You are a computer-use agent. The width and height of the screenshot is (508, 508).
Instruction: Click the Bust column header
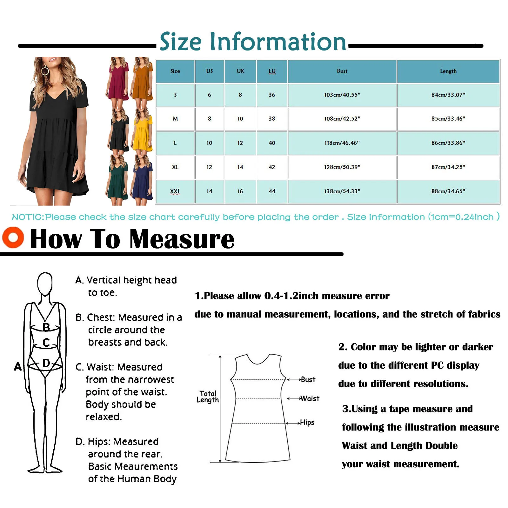tap(342, 71)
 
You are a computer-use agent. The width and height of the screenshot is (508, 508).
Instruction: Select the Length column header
tap(448, 71)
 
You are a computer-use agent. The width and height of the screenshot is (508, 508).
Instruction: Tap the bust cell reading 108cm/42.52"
tap(342, 119)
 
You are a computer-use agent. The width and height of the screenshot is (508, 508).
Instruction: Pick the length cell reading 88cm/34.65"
tap(448, 191)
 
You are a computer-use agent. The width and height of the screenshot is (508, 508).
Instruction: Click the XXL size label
tap(175, 191)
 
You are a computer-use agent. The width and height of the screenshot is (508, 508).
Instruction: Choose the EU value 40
tap(272, 143)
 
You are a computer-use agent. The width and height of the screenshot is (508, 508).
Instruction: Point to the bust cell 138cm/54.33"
tap(342, 191)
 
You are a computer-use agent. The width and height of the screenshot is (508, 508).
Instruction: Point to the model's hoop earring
tap(45, 70)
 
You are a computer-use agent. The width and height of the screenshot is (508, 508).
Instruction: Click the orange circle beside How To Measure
tap(13, 237)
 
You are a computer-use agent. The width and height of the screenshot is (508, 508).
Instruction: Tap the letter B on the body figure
tap(46, 327)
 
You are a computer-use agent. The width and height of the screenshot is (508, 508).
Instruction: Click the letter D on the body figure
tap(46, 363)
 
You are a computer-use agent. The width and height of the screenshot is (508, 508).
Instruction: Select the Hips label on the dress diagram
tap(307, 423)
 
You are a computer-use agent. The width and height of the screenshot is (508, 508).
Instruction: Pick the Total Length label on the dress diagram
tap(208, 397)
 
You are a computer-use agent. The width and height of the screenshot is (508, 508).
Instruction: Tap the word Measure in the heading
tap(182, 239)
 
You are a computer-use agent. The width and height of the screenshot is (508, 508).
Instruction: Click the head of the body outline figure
tap(45, 283)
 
